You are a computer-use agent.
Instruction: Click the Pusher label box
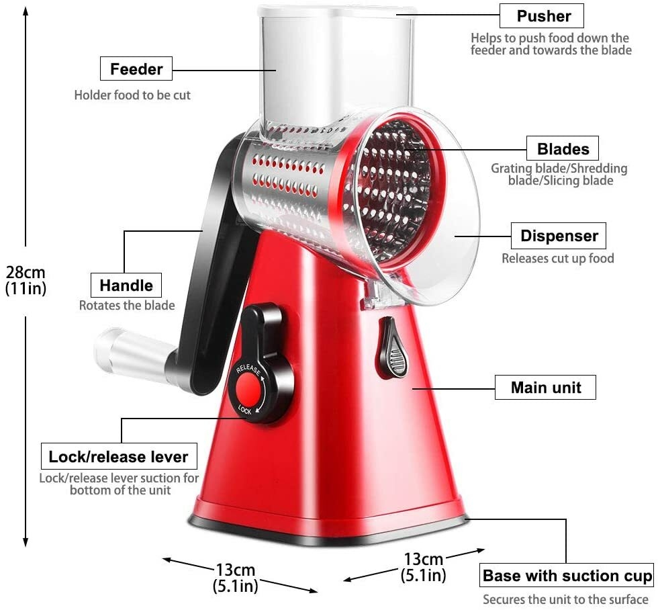click(x=541, y=16)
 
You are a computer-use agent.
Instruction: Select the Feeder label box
click(x=136, y=69)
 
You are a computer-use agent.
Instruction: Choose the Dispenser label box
click(x=559, y=236)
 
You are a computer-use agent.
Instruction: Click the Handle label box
click(x=126, y=285)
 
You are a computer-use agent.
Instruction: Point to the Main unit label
click(x=546, y=388)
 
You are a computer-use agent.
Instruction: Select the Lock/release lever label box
click(x=119, y=457)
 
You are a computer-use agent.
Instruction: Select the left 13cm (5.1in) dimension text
click(x=235, y=577)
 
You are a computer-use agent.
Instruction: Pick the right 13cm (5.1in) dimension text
click(x=423, y=566)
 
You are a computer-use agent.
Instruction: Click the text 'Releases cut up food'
click(x=557, y=259)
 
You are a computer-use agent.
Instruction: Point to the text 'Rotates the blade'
click(x=127, y=306)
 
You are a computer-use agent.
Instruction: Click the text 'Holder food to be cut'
click(x=132, y=95)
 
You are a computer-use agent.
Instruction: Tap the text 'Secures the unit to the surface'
click(x=565, y=599)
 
